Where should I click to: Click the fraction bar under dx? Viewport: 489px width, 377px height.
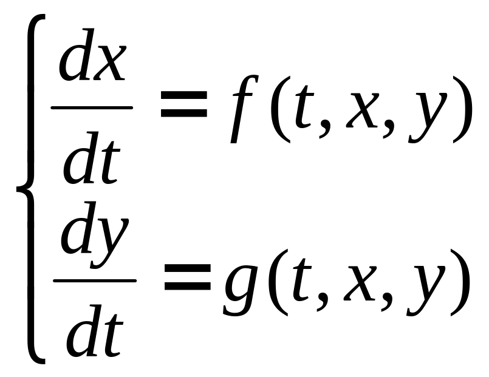(x=92, y=108)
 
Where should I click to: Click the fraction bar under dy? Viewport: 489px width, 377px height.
(x=94, y=280)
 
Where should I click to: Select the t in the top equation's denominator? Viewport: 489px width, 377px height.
(x=108, y=162)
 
